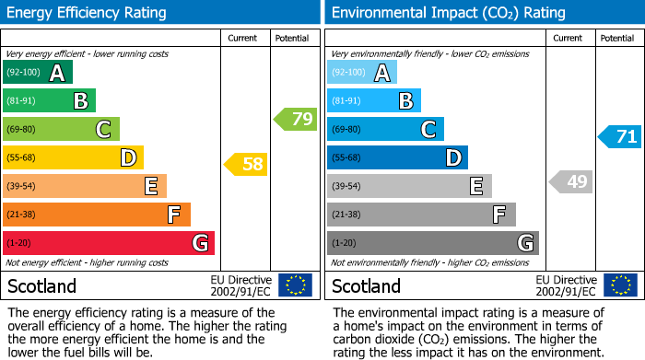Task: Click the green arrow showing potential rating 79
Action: (x=296, y=119)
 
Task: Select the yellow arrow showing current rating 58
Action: (x=246, y=165)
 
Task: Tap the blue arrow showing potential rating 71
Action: (x=620, y=137)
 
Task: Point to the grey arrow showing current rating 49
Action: (x=570, y=182)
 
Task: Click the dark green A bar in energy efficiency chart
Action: (x=38, y=73)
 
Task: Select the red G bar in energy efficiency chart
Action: (x=109, y=243)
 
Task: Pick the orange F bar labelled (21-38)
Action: (x=97, y=215)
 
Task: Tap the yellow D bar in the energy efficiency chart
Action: (x=73, y=157)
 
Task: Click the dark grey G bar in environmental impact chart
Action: (x=433, y=243)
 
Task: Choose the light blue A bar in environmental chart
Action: (x=362, y=73)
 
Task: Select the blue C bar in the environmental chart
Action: (x=385, y=130)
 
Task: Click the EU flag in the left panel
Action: (x=295, y=285)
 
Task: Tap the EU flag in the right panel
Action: (x=620, y=285)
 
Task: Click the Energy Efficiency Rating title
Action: (x=87, y=13)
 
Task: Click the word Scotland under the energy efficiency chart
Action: (x=41, y=286)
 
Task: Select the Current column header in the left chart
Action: (x=244, y=38)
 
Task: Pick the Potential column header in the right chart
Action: (x=616, y=38)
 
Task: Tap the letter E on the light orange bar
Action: (x=150, y=187)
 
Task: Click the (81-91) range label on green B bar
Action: (x=23, y=101)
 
